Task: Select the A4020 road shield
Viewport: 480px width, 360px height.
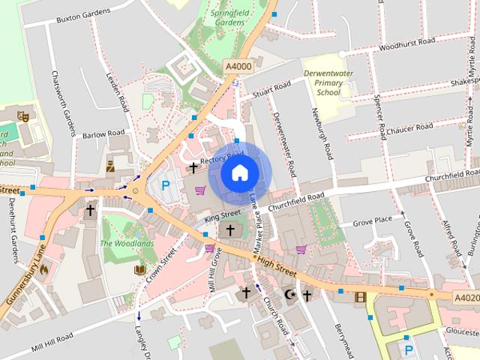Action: click(x=466, y=297)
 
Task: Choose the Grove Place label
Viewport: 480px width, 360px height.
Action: click(x=373, y=220)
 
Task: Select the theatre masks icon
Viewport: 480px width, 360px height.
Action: click(x=22, y=116)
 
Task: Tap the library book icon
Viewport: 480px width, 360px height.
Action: click(x=139, y=270)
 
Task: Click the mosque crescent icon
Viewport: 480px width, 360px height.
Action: click(x=289, y=295)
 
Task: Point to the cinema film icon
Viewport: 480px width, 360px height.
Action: click(x=359, y=297)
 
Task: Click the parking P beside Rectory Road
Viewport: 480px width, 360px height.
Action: click(x=165, y=184)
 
